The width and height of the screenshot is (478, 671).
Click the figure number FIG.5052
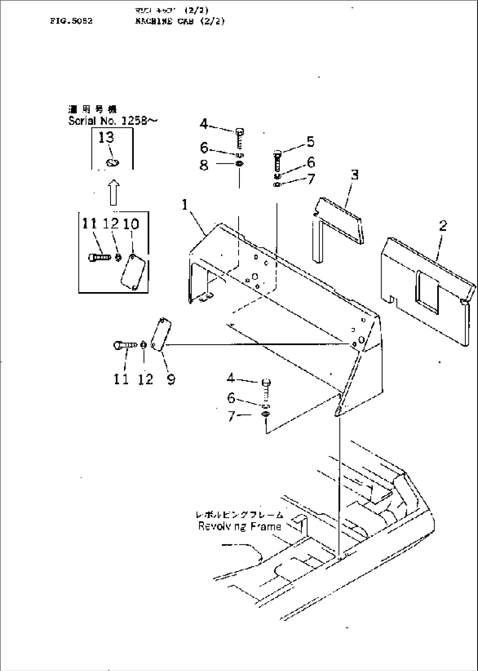click(x=71, y=21)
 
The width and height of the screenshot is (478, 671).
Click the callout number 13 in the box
click(x=106, y=138)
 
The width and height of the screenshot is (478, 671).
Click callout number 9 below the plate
click(x=171, y=379)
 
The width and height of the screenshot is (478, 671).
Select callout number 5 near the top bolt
click(x=310, y=142)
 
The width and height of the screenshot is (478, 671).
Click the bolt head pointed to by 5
click(x=277, y=153)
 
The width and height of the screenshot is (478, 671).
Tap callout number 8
click(x=204, y=166)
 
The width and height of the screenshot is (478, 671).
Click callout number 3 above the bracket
click(x=354, y=175)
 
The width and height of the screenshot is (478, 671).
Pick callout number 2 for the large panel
click(x=443, y=226)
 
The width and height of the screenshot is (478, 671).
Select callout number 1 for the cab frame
click(x=185, y=204)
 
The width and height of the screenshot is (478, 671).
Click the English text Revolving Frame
click(x=239, y=526)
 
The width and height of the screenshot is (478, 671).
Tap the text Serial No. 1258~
click(x=112, y=121)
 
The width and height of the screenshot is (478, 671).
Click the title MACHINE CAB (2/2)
click(x=180, y=21)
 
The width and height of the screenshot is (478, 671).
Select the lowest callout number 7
click(x=232, y=415)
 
